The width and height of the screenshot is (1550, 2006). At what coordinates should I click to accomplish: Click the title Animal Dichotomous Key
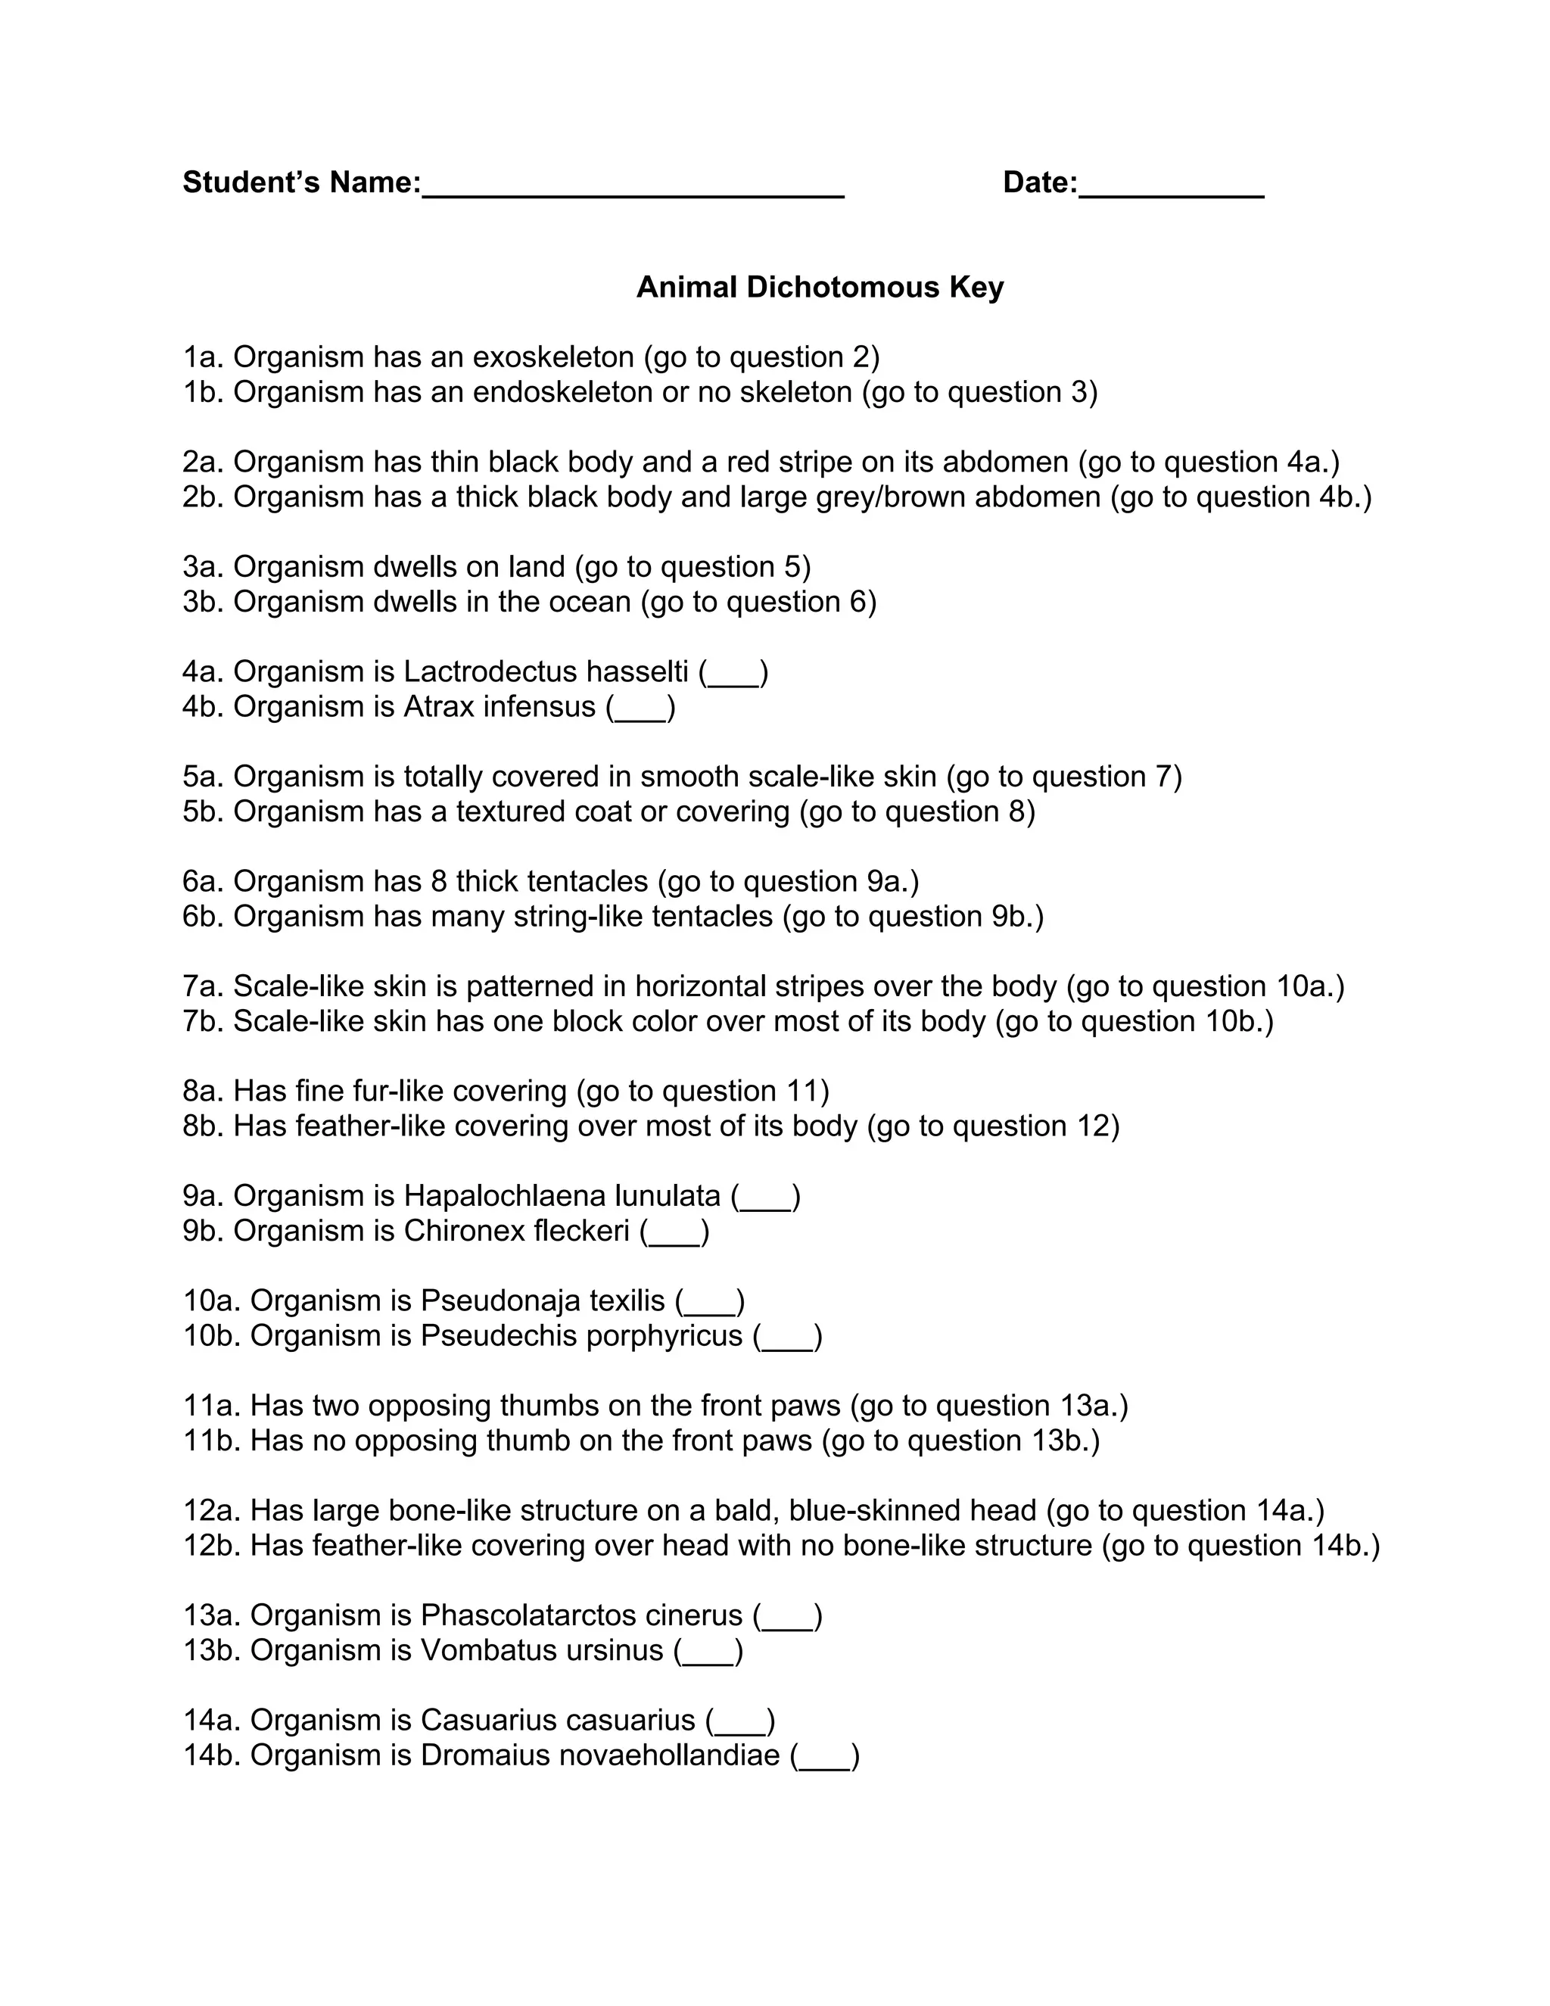tap(820, 288)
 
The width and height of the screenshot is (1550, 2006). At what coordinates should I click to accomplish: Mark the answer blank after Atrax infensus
tap(641, 709)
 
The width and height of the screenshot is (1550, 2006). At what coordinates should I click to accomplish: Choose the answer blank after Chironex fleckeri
tap(675, 1234)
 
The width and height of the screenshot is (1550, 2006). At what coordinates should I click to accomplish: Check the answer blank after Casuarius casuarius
tap(741, 1722)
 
